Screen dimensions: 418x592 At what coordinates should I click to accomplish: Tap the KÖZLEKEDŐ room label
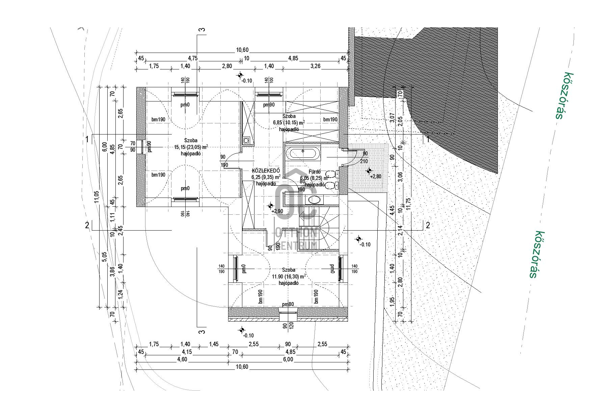[266, 171]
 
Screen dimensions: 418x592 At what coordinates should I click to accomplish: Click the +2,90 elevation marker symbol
[270, 206]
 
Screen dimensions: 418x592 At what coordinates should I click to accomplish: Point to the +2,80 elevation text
[376, 176]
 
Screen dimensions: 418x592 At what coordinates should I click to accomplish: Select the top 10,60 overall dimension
[242, 50]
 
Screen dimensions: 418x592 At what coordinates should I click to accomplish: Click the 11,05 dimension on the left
[97, 197]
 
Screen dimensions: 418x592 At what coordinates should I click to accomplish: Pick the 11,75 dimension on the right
[409, 205]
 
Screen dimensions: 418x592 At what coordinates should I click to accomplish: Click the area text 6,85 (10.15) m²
[289, 123]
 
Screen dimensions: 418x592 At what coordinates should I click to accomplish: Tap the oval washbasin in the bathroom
[314, 200]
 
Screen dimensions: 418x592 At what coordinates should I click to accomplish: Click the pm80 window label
[288, 304]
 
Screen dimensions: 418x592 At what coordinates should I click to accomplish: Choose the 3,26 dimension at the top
[315, 66]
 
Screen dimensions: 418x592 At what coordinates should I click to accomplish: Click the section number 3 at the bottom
[202, 332]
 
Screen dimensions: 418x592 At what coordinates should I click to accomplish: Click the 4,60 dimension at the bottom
[182, 359]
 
